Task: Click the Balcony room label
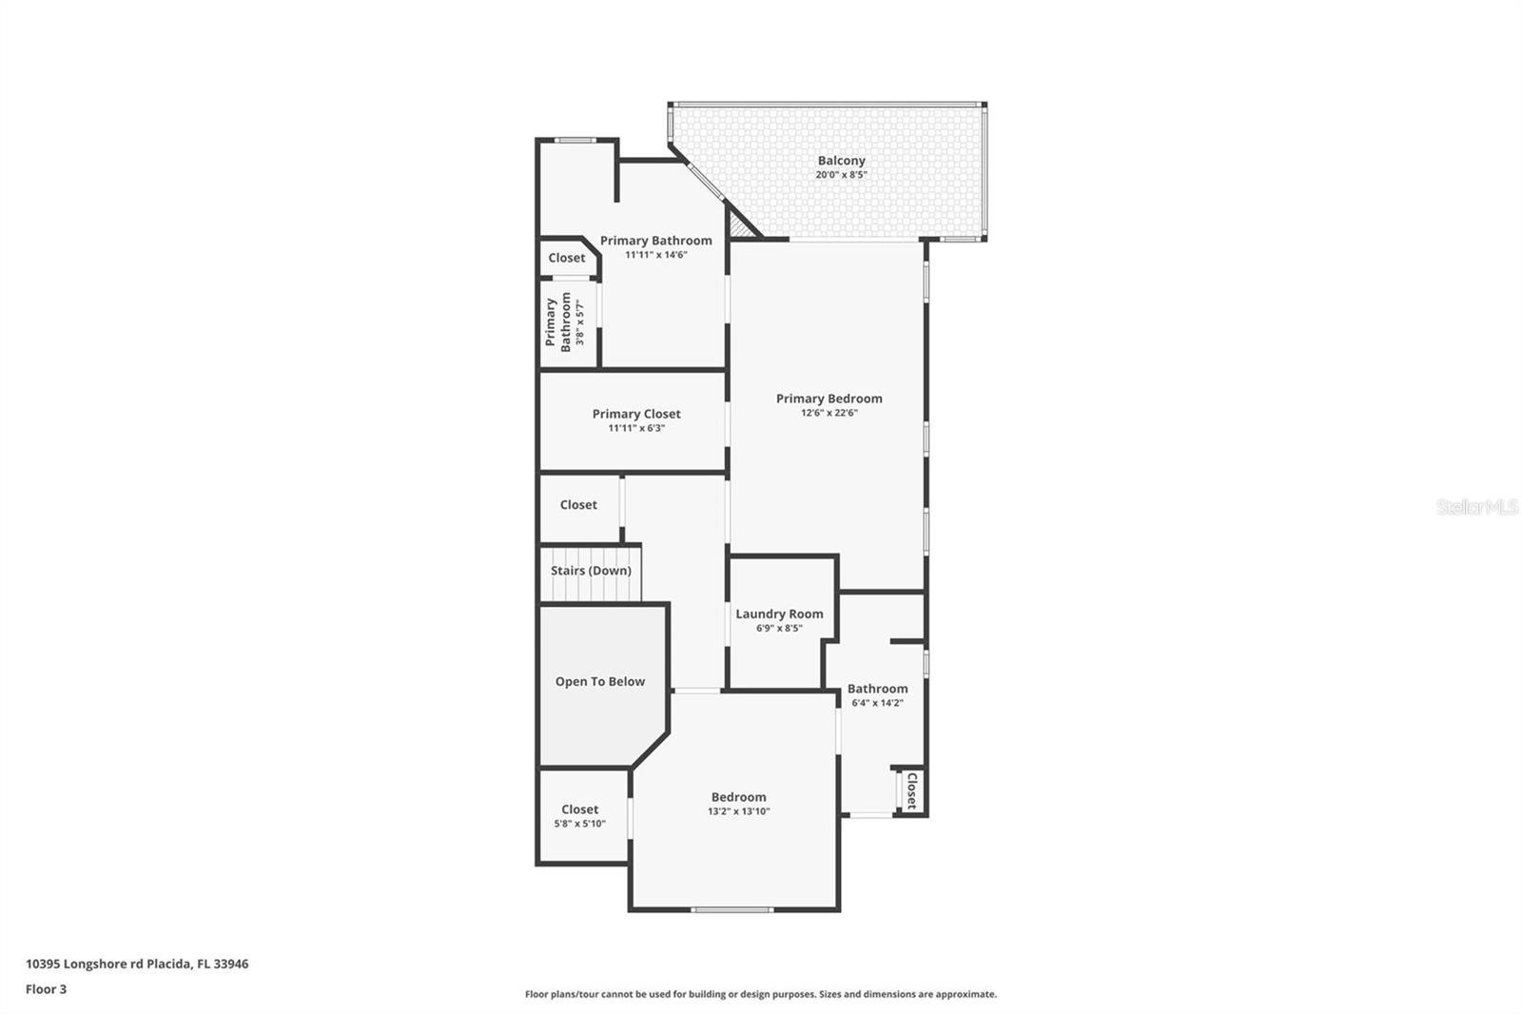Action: [841, 161]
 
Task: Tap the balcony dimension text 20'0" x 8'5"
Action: [841, 175]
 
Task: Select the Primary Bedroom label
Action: [829, 399]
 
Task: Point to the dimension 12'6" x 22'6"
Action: [829, 413]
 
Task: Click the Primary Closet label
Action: [636, 414]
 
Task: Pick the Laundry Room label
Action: [779, 614]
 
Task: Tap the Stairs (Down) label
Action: [591, 571]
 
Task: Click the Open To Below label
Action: [599, 681]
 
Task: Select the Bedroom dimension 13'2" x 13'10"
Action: [738, 811]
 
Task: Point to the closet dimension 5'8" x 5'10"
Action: [579, 824]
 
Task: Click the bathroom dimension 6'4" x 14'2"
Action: [877, 703]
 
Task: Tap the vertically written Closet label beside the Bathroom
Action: [911, 790]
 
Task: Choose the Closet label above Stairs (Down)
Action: [578, 505]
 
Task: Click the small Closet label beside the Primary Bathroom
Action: [567, 258]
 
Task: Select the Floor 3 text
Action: [46, 989]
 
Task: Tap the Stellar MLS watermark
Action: [1476, 507]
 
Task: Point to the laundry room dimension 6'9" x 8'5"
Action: [779, 628]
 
